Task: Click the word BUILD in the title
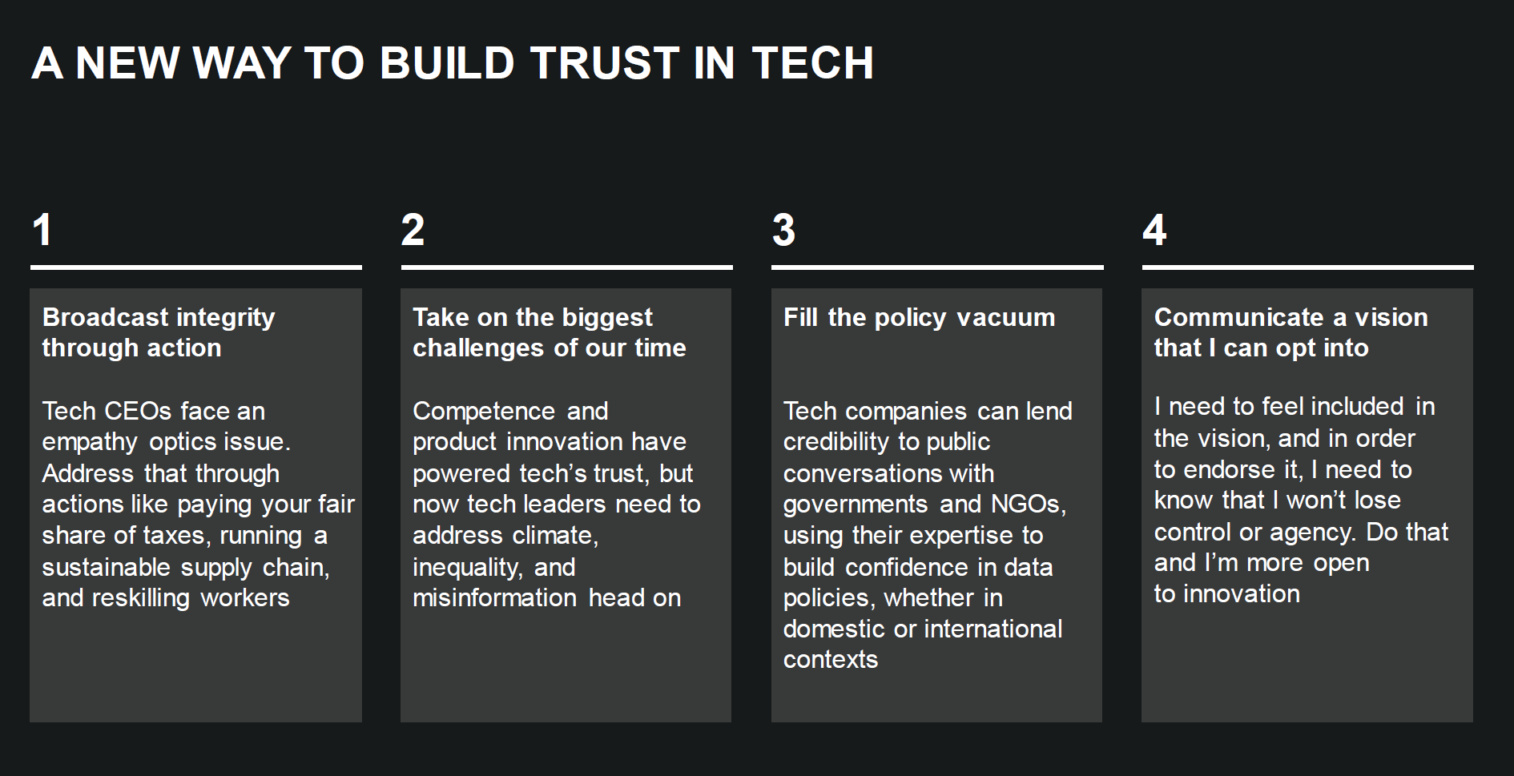[x=446, y=63]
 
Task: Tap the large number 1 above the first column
[x=42, y=230]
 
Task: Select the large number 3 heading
[x=783, y=230]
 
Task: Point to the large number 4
[x=1154, y=230]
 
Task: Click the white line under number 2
[x=566, y=267]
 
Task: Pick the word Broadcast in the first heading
[x=106, y=317]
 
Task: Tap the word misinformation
[x=494, y=598]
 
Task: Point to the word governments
[x=856, y=505]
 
